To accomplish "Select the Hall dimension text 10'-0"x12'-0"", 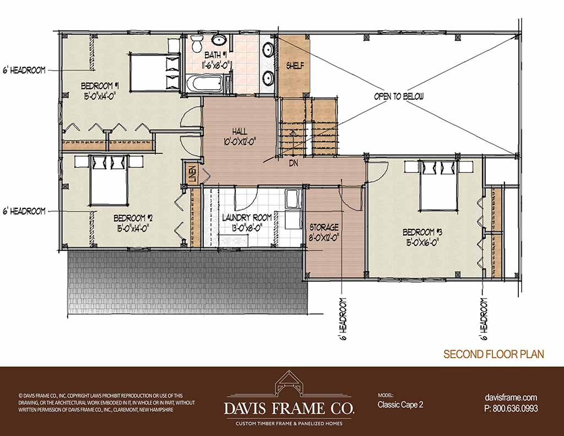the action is [239, 142].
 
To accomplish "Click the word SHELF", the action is [295, 66].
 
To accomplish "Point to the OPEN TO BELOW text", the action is [399, 96].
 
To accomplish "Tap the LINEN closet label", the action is [192, 174].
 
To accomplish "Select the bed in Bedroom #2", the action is [109, 180].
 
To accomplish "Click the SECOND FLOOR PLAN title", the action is [493, 354].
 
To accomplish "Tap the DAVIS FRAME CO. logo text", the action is [289, 409].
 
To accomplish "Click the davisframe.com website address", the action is [511, 397].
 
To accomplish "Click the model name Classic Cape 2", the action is [400, 405].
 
